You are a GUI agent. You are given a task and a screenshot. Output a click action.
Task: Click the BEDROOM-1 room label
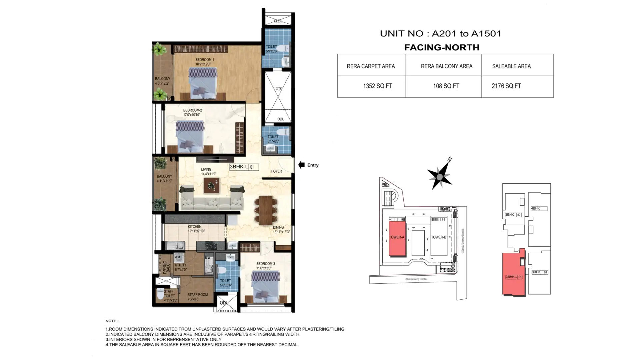tap(204, 60)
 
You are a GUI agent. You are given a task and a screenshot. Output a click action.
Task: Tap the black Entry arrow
tap(301, 165)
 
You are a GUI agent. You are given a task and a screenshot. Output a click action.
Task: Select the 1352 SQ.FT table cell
tap(377, 86)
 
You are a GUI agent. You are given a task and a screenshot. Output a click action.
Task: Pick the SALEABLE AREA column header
tap(511, 66)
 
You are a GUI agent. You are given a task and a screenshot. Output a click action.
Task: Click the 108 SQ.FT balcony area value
tap(446, 86)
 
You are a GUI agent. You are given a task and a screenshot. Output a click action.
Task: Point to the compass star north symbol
tap(440, 177)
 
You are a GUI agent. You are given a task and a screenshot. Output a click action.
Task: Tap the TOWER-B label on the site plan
tap(438, 237)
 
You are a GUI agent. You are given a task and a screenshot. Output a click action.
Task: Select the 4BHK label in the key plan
tap(535, 209)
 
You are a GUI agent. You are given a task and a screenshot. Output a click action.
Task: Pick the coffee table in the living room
tap(211, 185)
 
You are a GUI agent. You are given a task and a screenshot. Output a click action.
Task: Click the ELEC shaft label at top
tap(278, 21)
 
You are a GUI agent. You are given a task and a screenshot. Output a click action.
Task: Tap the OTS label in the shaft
tap(279, 89)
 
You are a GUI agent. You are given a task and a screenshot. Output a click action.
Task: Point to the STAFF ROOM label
tap(197, 295)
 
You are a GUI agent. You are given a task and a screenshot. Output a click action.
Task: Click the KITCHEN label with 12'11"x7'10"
tap(195, 227)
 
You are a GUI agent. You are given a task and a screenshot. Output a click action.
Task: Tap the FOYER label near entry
tap(276, 171)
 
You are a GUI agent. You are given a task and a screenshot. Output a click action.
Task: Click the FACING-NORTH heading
tap(442, 47)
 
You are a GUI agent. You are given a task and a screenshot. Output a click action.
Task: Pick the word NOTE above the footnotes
tap(112, 321)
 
